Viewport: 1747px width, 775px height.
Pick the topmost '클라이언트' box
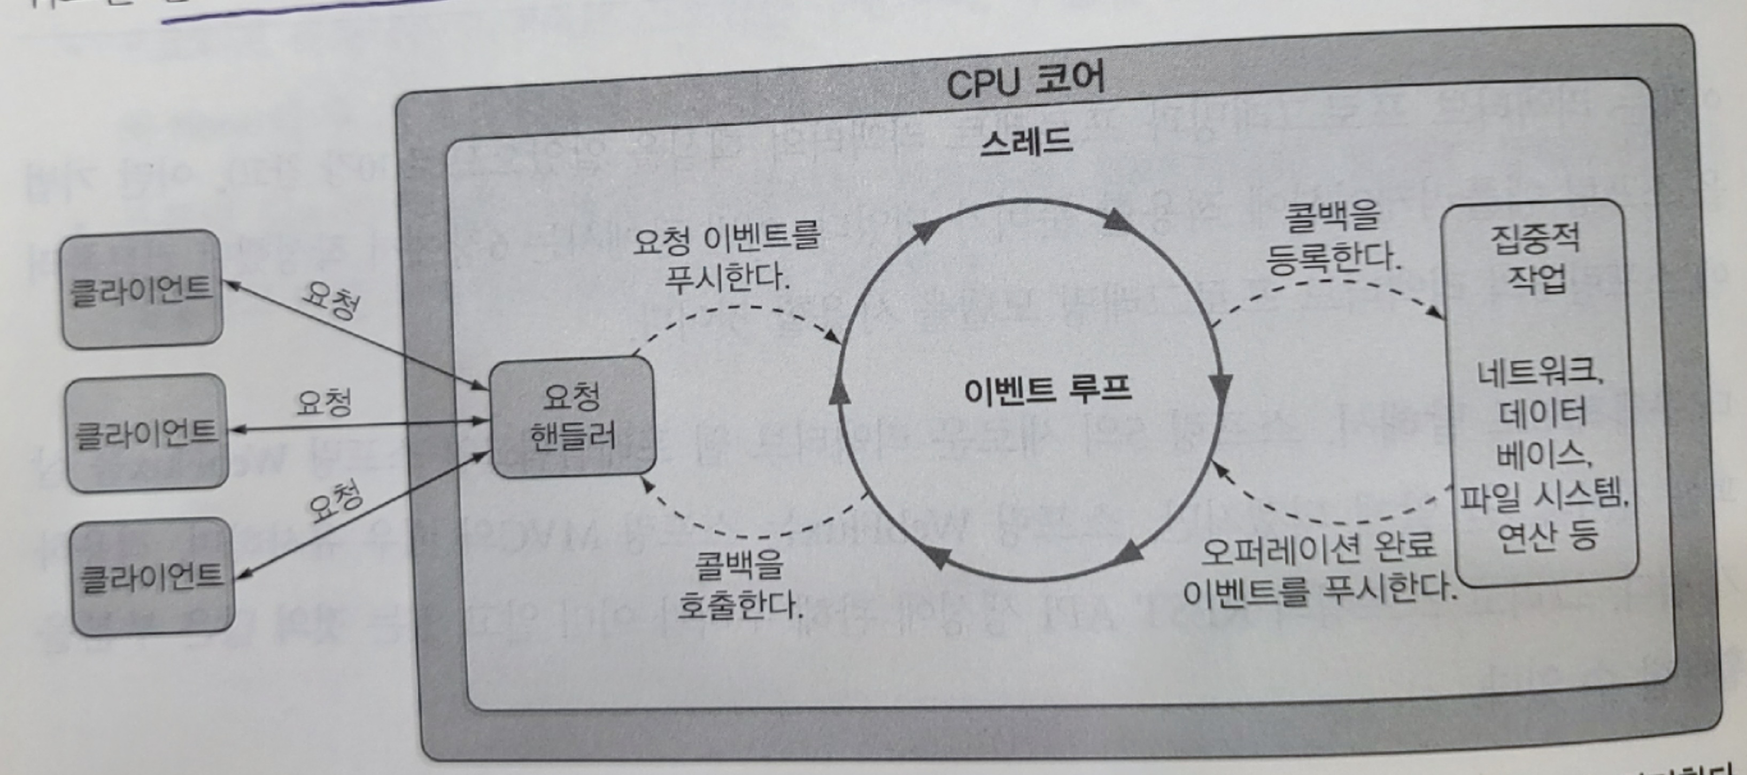tap(141, 290)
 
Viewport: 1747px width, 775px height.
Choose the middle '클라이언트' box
tap(146, 432)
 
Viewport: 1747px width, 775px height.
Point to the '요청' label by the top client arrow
tap(330, 299)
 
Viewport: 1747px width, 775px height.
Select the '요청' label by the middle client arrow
tap(323, 403)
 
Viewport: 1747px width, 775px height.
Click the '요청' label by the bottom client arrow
tap(335, 502)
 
